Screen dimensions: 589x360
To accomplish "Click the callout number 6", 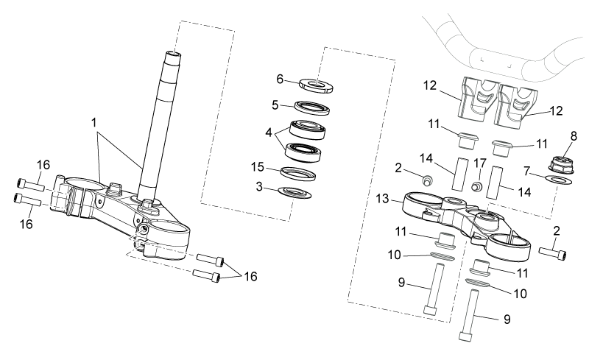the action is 280,80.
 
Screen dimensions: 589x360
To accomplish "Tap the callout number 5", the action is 275,105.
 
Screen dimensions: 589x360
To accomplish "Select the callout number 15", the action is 258,167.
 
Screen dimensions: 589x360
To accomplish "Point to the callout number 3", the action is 259,186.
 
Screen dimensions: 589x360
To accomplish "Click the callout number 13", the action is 382,199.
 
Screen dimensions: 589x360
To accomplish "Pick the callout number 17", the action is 480,163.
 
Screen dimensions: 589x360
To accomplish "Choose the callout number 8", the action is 574,136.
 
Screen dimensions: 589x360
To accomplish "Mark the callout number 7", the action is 526,172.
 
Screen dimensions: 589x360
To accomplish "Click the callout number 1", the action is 94,123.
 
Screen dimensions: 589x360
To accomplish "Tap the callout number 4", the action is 268,133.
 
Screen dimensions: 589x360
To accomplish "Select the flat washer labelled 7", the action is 558,180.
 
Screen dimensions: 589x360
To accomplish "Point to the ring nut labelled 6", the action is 317,86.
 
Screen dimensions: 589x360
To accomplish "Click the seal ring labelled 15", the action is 298,174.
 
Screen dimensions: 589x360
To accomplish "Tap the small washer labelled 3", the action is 294,192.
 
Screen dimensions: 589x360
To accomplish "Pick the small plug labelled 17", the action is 477,186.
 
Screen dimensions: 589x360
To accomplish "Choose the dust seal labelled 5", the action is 311,107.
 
